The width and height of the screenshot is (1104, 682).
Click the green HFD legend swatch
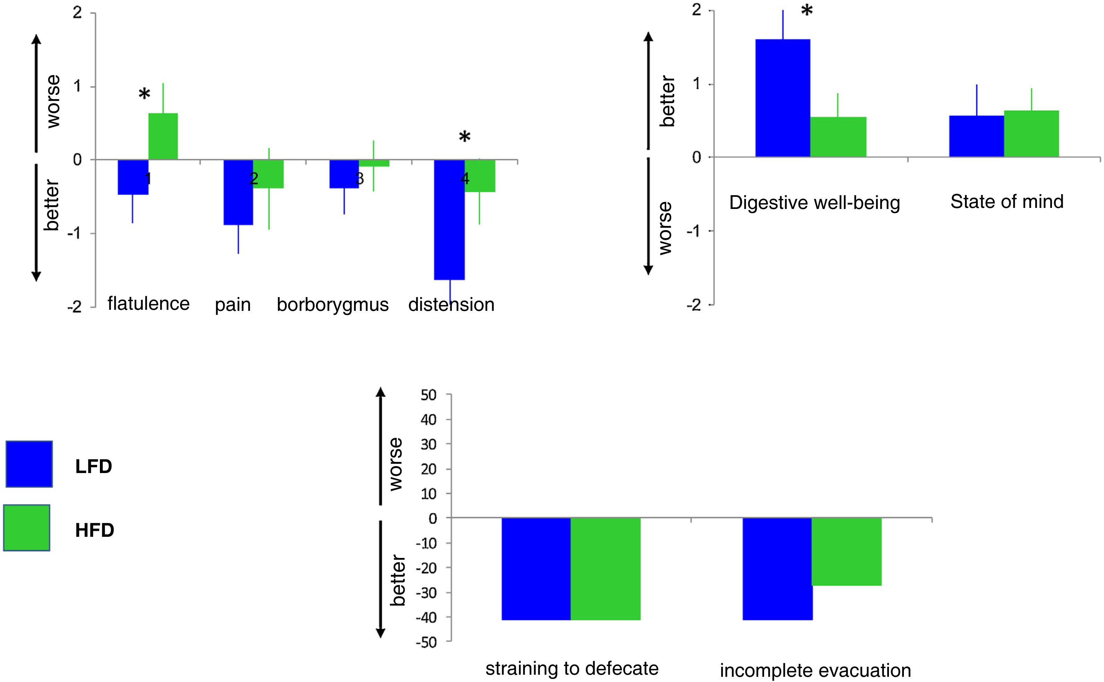27,527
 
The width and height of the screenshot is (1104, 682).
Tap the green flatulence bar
163,136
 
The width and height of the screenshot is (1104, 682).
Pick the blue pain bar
238,192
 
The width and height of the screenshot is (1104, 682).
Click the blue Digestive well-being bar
782,98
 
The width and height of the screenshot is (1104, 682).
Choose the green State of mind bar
1031,133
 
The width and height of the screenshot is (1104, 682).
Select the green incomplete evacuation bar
847,551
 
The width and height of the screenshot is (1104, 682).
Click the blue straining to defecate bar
536,568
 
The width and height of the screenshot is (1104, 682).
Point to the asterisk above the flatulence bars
144,95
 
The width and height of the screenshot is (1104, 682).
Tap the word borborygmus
333,305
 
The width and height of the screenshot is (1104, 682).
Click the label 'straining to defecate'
572,668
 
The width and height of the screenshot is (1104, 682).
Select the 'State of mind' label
1007,202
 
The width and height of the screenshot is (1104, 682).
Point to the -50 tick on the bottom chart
427,642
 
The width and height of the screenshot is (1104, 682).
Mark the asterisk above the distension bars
464,137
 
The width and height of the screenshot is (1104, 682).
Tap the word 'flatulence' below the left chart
148,304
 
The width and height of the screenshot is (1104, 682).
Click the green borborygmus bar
374,163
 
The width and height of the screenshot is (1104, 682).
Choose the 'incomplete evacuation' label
815,670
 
